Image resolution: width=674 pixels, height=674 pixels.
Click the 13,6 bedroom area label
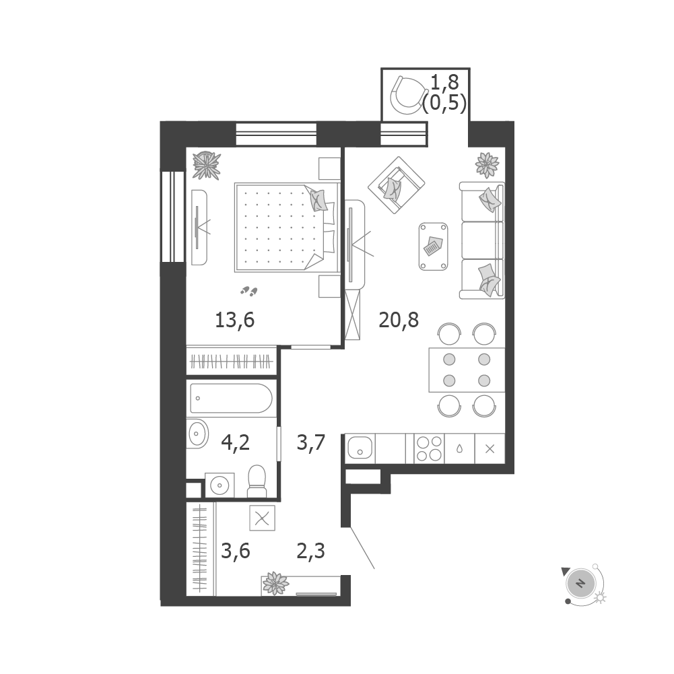point(235,321)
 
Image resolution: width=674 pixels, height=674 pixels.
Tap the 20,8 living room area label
point(399,321)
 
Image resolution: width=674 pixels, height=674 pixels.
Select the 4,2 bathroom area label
point(235,442)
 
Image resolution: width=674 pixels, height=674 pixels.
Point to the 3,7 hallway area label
point(311,442)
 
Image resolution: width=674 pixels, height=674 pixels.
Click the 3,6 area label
point(236,551)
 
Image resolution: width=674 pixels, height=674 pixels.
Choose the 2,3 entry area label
point(311,551)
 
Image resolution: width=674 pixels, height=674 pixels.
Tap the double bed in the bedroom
point(287,228)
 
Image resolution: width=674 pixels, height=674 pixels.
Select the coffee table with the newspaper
point(434,246)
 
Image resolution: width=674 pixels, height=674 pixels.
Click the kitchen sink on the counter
point(360,448)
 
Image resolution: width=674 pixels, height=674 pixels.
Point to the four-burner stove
point(429,448)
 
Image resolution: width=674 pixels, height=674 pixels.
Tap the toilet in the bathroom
point(257,481)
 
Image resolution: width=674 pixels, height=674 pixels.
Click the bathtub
point(231,399)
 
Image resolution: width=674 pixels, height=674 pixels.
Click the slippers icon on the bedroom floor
point(249,292)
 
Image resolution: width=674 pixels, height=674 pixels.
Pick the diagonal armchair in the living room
point(397,185)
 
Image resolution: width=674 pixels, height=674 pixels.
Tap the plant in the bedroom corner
point(207,166)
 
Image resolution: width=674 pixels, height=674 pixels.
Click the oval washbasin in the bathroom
point(198,434)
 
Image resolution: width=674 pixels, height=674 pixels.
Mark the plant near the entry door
point(275,583)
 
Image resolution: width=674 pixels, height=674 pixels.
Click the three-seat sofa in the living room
point(482,240)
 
